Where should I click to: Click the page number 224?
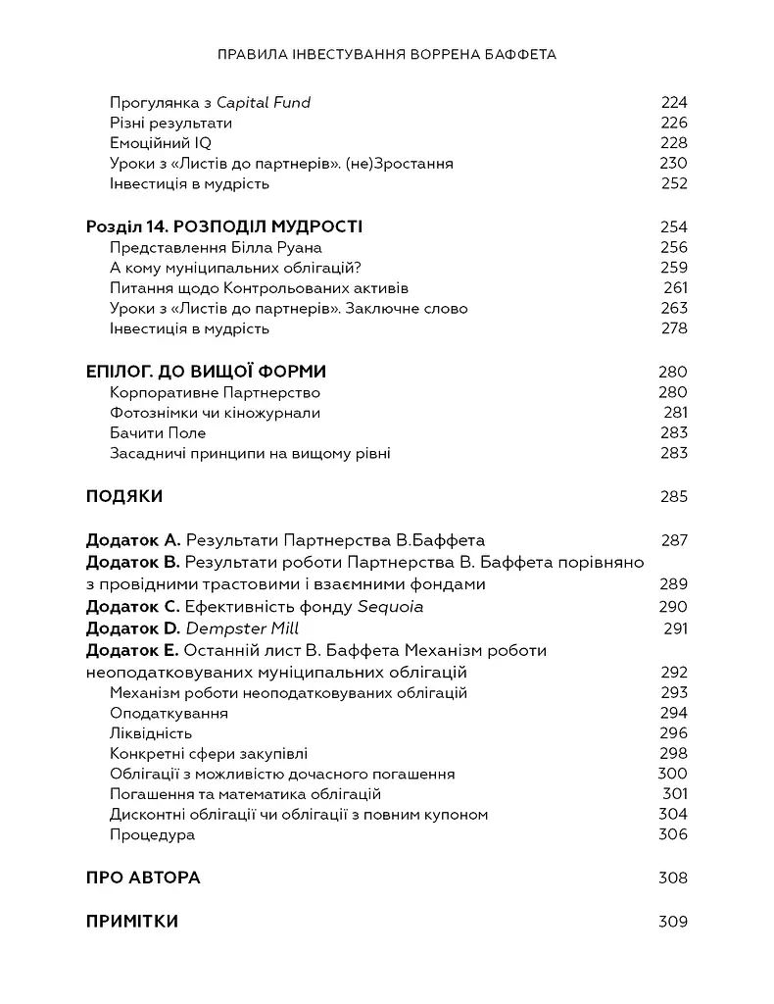click(x=674, y=102)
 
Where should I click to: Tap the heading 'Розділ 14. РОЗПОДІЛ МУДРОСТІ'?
click(x=224, y=226)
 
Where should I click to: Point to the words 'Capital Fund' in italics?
click(x=264, y=102)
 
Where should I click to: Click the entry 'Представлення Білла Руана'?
click(x=216, y=247)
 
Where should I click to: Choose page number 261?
click(x=675, y=288)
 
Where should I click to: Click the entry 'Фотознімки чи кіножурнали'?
click(x=215, y=413)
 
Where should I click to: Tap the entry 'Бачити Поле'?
click(x=158, y=432)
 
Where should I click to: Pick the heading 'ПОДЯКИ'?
click(x=124, y=496)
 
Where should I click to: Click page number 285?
click(x=674, y=496)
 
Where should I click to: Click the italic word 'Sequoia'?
click(x=391, y=606)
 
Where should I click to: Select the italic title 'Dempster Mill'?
click(x=242, y=628)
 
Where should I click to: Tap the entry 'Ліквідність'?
click(x=151, y=733)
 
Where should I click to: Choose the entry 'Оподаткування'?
click(x=169, y=713)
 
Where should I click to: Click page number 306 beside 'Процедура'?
click(x=674, y=834)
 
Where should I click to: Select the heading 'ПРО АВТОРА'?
click(x=143, y=878)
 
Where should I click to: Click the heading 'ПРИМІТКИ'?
click(x=132, y=922)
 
